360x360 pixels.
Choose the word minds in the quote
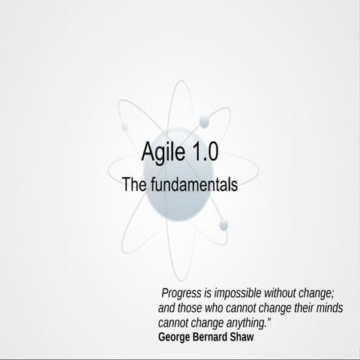pyautogui.click(x=327, y=308)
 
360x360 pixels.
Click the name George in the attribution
pyautogui.click(x=177, y=337)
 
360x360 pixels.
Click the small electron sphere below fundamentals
pyautogui.click(x=223, y=225)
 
